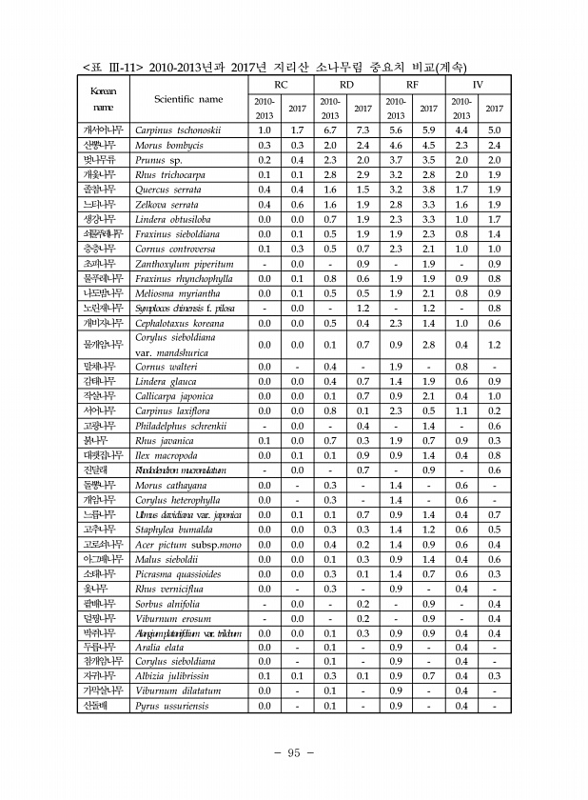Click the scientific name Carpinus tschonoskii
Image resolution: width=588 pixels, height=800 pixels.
(x=178, y=130)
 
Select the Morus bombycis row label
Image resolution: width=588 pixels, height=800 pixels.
(x=170, y=145)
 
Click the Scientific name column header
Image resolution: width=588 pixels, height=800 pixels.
(x=188, y=98)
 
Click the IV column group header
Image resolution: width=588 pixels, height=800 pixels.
(x=478, y=85)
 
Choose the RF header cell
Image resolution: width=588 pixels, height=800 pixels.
(x=412, y=85)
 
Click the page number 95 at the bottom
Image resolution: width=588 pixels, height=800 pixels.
(x=294, y=752)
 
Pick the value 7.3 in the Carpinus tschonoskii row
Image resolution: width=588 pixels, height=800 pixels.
(x=362, y=130)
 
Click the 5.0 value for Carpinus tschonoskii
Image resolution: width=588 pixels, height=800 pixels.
(x=494, y=130)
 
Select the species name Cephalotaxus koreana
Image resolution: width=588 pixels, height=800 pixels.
(x=181, y=323)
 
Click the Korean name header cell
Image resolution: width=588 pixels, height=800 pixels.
(x=100, y=99)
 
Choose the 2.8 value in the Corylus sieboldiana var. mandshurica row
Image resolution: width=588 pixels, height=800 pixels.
(x=428, y=344)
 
